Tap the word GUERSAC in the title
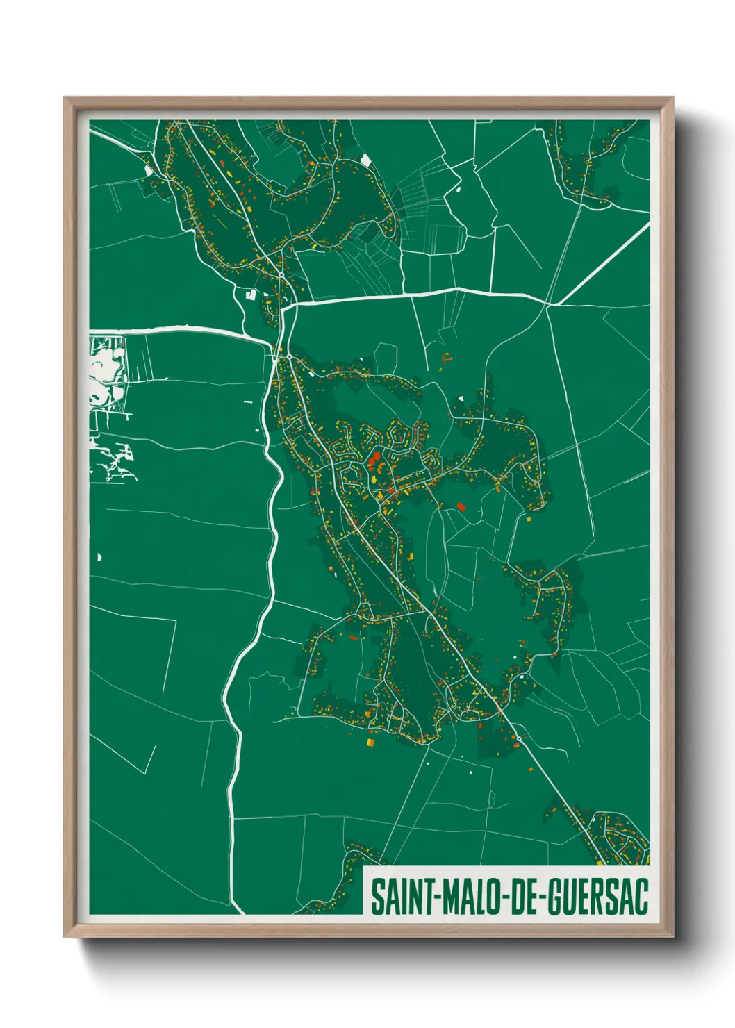click(598, 897)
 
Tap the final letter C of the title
click(641, 897)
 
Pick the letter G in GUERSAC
click(555, 897)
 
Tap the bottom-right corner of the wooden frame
click(672, 936)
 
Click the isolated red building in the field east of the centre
click(461, 506)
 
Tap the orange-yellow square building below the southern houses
click(370, 743)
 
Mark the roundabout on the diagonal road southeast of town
click(518, 738)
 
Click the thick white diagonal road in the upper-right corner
click(604, 264)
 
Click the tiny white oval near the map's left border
click(99, 556)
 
